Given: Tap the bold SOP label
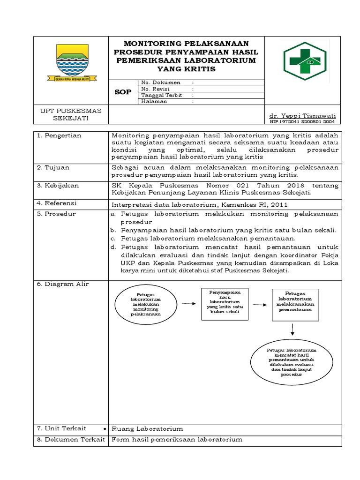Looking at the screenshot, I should point(123,92).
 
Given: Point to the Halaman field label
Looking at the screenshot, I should point(154,101).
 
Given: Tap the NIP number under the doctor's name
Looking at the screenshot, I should point(302,122).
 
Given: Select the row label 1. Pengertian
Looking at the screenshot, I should point(60,135).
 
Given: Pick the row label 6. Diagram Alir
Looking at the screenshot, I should point(63,284).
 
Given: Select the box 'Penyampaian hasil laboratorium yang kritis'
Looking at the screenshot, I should point(225,304).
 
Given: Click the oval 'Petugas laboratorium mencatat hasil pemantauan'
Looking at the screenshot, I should point(292,362).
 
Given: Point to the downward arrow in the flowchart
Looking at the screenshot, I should point(292,330).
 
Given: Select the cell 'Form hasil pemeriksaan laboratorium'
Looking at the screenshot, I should point(176,440).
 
